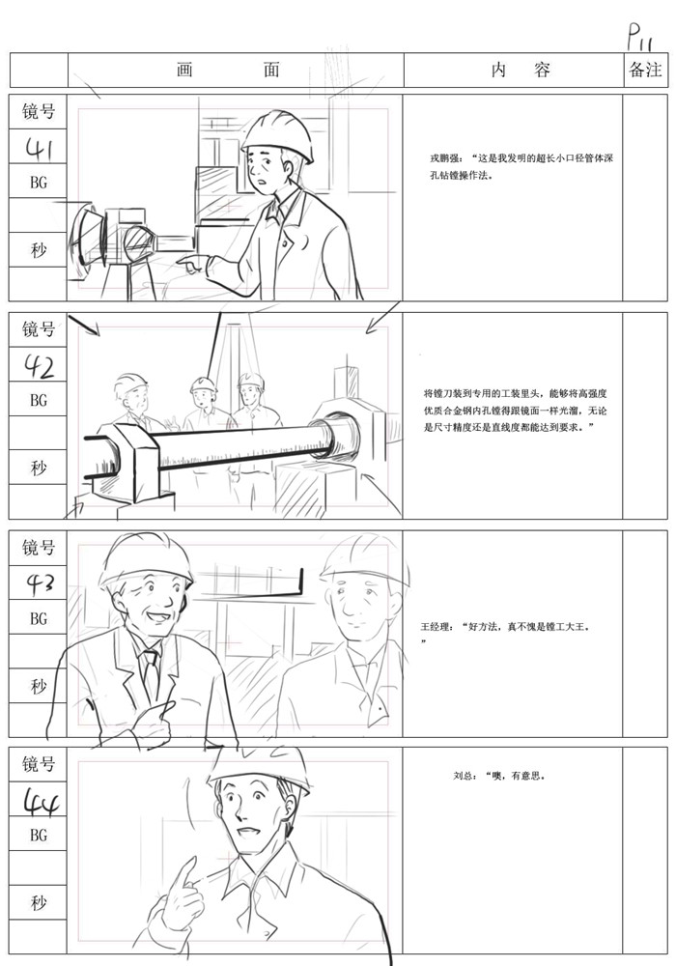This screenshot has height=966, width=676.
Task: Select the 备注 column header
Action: coord(644,70)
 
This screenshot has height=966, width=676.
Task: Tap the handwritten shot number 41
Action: coord(39,150)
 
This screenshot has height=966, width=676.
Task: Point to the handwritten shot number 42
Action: coord(39,367)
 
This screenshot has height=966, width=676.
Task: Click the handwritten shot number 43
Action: coord(39,583)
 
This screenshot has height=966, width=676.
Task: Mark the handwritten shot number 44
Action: coord(40,801)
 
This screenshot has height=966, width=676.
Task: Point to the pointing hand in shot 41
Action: coord(192,264)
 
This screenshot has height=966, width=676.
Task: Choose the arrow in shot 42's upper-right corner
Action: coord(381,320)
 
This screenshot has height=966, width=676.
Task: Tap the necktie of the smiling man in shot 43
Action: coord(150,671)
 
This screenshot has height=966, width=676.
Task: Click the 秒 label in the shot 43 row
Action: coord(39,686)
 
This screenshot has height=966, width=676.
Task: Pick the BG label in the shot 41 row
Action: coord(39,182)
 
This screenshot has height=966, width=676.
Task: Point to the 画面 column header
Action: coord(229,70)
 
